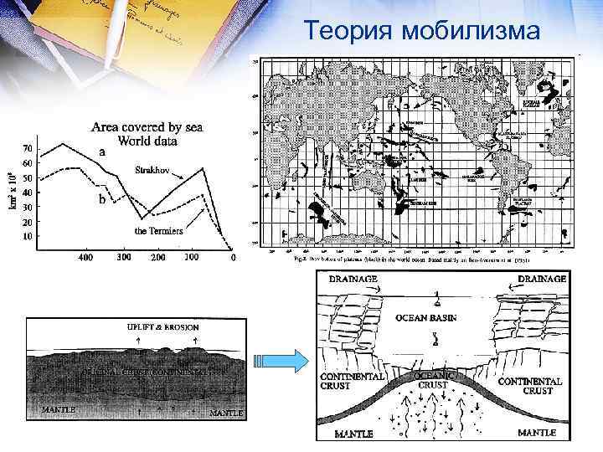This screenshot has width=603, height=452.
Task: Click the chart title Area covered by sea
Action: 147,127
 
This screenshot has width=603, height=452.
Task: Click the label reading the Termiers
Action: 159,230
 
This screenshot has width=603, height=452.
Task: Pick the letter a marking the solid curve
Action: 102,152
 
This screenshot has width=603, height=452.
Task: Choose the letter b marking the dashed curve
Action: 101,201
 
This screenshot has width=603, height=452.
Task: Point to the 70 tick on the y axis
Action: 28,148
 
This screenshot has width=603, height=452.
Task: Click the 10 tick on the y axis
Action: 28,236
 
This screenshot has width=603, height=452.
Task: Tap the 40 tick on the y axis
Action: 28,193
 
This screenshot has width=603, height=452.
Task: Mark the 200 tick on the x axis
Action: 157,258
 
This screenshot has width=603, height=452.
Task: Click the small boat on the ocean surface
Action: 436,300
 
